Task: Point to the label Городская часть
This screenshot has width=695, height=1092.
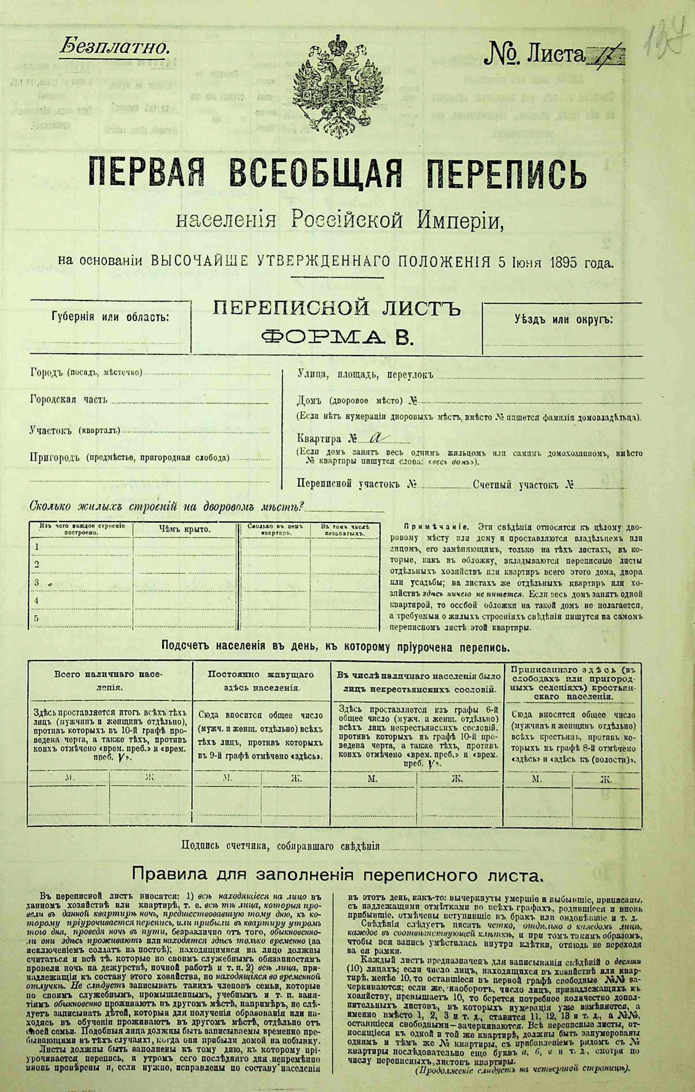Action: [69, 400]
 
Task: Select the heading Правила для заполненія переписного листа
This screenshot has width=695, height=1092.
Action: [337, 873]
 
